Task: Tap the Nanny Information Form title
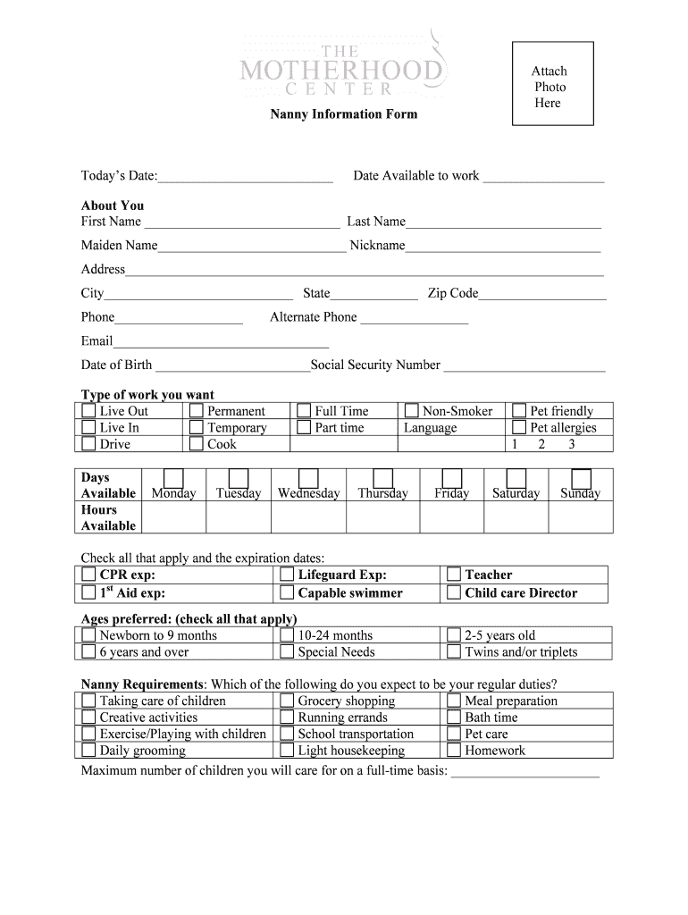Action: [x=344, y=114]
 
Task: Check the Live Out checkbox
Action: [x=88, y=411]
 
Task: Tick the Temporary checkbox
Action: [x=197, y=428]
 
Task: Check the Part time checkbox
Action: [x=304, y=428]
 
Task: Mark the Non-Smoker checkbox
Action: [x=411, y=411]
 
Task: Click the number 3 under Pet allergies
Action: [x=571, y=444]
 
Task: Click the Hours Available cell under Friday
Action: [x=451, y=516]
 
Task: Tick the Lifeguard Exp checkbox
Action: [x=287, y=575]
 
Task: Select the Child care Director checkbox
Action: [x=454, y=592]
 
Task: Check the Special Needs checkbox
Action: [x=287, y=651]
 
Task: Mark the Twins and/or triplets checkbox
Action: [x=454, y=651]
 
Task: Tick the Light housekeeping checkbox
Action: [x=287, y=751]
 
